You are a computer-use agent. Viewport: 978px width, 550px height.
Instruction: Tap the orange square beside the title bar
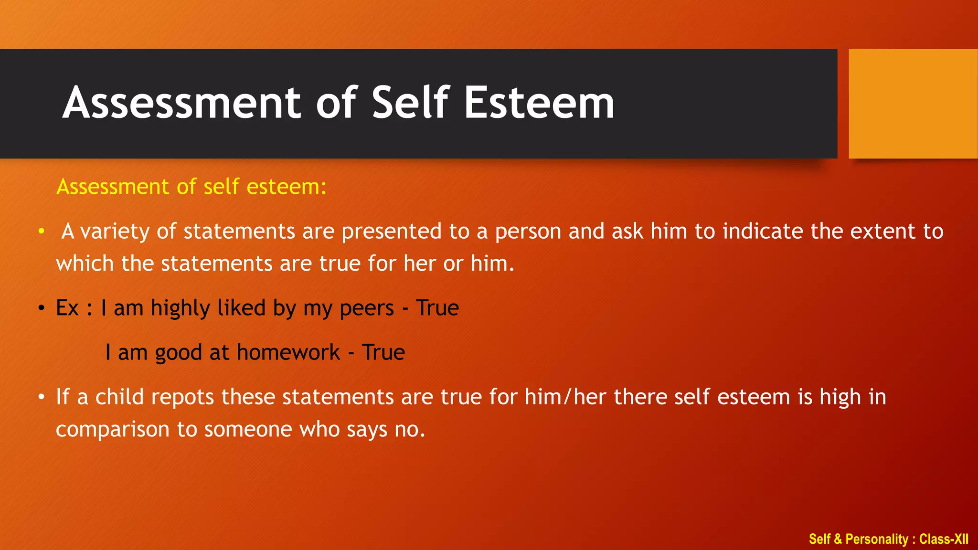[913, 104]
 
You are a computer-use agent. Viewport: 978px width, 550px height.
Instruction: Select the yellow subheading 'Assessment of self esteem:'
[191, 186]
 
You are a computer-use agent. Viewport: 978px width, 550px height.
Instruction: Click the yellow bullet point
[42, 231]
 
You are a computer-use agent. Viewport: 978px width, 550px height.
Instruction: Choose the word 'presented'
[392, 232]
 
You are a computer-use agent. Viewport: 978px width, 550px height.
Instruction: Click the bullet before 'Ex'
[42, 308]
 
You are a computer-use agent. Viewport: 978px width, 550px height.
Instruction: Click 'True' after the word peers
[437, 308]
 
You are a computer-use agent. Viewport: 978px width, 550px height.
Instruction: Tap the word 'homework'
[288, 352]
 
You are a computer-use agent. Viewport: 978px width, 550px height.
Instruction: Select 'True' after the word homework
[383, 352]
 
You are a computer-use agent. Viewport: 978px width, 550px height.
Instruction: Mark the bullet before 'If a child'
[42, 397]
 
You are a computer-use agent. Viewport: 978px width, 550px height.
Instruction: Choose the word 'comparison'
[113, 429]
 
